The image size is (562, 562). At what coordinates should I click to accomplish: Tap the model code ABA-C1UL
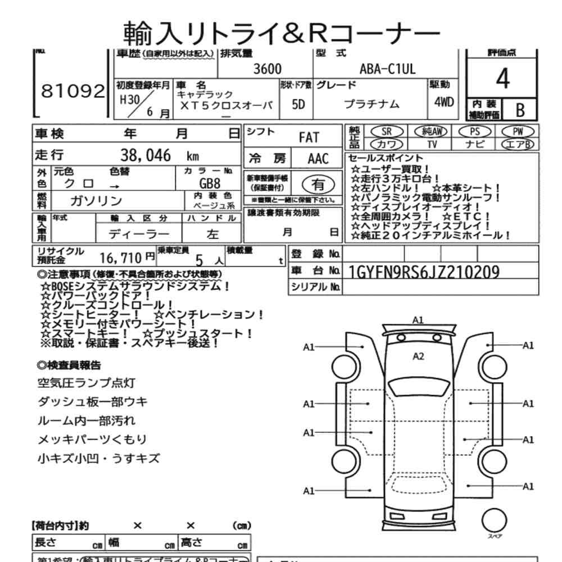387,70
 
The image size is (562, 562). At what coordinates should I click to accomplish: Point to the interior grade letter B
520,110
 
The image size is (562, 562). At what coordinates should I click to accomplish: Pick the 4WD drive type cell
444,104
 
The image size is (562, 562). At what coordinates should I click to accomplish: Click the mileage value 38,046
146,156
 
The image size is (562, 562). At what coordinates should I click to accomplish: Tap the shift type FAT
309,137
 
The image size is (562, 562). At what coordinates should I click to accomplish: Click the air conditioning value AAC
318,158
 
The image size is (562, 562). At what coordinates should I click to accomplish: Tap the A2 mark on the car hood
418,356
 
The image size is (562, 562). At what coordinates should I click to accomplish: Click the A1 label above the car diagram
418,319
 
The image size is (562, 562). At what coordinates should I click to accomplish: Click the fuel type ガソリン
96,201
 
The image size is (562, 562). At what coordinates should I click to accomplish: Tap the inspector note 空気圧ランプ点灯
85,384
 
